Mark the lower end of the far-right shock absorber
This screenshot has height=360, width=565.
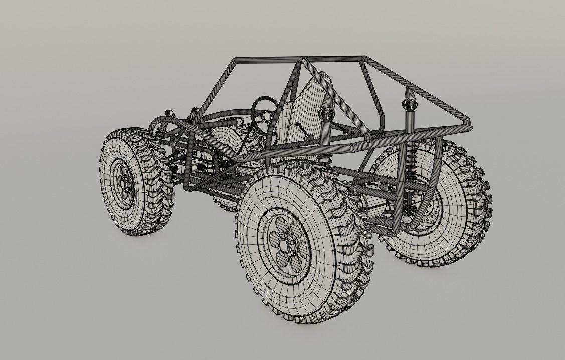[x=409, y=206]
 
